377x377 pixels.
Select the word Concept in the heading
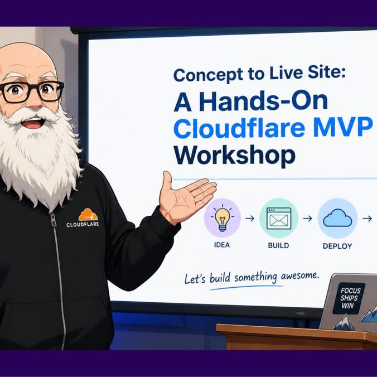coord(208,75)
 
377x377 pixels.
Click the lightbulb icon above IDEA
coord(222,217)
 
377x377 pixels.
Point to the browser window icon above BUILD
coord(279,218)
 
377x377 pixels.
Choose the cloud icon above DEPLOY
coord(337,218)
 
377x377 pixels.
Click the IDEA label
coord(221,245)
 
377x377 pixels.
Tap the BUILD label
coord(278,245)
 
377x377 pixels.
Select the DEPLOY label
coord(337,246)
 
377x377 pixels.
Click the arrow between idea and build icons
coord(250,218)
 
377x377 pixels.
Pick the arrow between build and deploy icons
coord(307,218)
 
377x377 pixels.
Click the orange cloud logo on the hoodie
coord(88,215)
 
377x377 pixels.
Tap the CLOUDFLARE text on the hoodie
coord(83,224)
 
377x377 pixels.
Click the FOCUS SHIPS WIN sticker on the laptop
coord(349,298)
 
